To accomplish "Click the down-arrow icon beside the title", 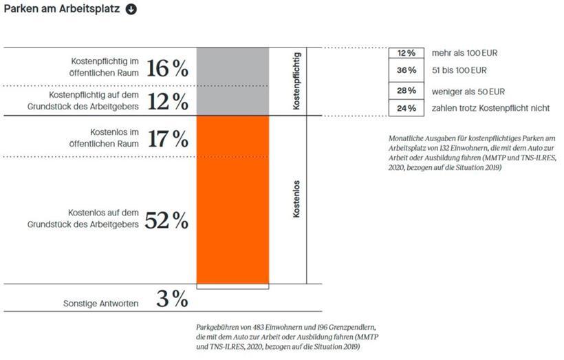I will coord(131,9).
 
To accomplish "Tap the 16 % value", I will coord(167,67).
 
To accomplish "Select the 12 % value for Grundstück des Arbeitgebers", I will coord(167,101).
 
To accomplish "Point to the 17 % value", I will coord(167,138).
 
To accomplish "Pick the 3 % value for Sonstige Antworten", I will coord(171,299).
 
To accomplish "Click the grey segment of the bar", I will coord(232,81).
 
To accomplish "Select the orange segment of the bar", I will coord(232,200).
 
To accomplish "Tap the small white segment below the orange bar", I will coord(232,286).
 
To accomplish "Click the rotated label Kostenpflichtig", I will coord(296,82).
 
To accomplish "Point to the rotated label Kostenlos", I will coord(296,200).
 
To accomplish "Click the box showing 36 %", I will coord(406,70).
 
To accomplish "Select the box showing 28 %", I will coord(406,90).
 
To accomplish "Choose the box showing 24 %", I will coord(406,108).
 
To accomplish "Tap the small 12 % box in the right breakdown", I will coord(406,53).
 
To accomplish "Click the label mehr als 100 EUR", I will coord(465,53).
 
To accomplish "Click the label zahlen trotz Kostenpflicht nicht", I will coord(490,108).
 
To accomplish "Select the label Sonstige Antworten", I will coord(100,303).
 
